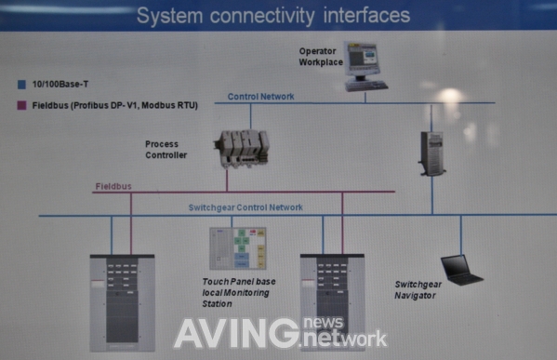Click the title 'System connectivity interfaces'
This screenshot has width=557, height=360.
pyautogui.click(x=272, y=15)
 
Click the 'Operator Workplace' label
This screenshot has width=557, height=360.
pyautogui.click(x=320, y=56)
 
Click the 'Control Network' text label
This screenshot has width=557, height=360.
pyautogui.click(x=261, y=96)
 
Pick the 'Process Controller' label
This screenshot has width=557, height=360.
pyautogui.click(x=166, y=150)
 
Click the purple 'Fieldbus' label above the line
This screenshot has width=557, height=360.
pyautogui.click(x=113, y=186)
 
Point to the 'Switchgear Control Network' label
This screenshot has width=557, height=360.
pyautogui.click(x=245, y=207)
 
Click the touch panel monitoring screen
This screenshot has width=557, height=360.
pyautogui.click(x=238, y=248)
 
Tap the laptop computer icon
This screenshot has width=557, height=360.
pyautogui.click(x=462, y=270)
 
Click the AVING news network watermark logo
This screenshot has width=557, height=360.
pyautogui.click(x=280, y=332)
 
